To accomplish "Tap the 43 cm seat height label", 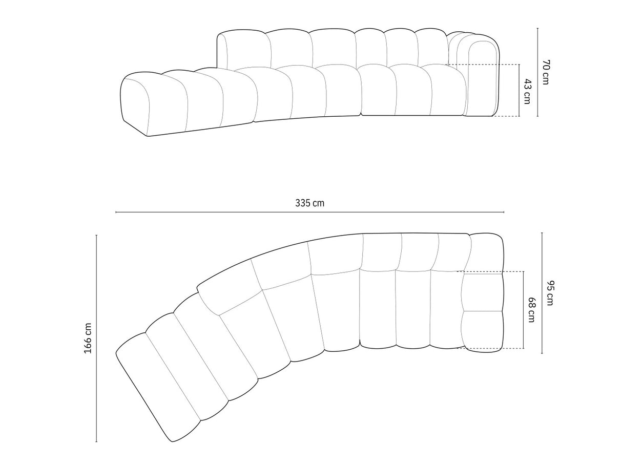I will pos(527,91).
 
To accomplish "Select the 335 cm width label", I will pos(309,203).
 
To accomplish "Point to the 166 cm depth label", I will pos(88,338).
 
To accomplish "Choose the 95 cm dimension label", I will pos(550,293).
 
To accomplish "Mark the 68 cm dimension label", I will pos(531,310).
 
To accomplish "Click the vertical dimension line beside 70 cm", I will pos(537,72).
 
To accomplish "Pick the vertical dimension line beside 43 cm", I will pos(519,91).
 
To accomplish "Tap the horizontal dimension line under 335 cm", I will pos(309,212).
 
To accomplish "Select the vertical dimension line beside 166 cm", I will pos(96,338).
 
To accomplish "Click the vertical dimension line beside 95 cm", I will pos(542,293).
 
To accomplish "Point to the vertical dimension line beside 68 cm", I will pos(523,310).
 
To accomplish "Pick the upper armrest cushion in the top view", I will pos(482,292).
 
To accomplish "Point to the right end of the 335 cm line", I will pos(504,212).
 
